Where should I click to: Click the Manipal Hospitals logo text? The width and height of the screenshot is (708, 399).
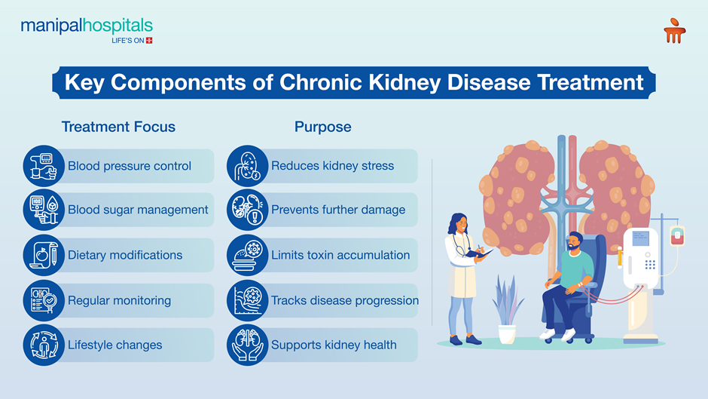click(x=87, y=27)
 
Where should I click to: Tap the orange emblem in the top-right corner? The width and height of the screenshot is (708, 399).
click(x=674, y=31)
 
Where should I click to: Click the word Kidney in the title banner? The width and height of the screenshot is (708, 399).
click(x=401, y=82)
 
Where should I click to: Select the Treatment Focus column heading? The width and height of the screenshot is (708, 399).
click(x=118, y=127)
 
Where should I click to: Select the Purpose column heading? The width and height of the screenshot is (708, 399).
click(x=322, y=127)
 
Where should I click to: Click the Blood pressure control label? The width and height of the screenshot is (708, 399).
click(x=130, y=166)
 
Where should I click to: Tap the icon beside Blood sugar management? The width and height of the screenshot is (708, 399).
click(x=43, y=210)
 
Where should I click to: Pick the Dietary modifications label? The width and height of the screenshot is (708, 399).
click(x=125, y=255)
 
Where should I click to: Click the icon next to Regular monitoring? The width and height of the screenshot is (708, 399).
click(x=43, y=300)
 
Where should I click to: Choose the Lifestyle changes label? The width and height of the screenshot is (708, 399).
click(x=114, y=345)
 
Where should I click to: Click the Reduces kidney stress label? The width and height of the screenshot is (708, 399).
click(x=332, y=166)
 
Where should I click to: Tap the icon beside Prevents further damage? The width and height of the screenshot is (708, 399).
click(x=247, y=210)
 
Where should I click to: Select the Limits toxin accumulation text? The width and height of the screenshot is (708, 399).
click(x=340, y=255)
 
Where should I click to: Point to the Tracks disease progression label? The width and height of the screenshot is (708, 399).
click(x=344, y=300)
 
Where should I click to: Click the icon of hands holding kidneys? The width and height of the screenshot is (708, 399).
click(x=247, y=345)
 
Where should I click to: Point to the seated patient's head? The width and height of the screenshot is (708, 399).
click(x=574, y=243)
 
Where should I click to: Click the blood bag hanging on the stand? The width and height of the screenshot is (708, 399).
click(x=676, y=235)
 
